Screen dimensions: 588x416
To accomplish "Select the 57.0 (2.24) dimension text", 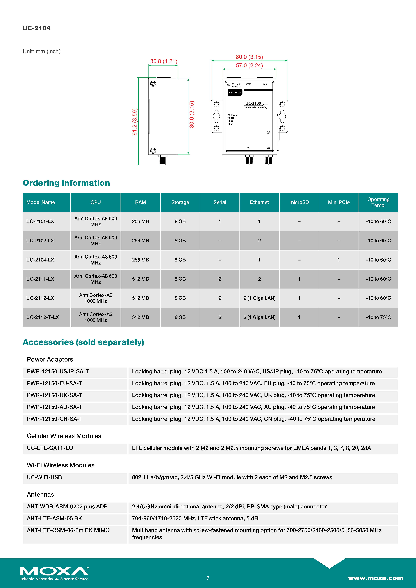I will click(x=249, y=66).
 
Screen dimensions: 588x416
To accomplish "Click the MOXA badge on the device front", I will click(x=235, y=92).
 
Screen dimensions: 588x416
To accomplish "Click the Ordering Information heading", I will click(x=66, y=183).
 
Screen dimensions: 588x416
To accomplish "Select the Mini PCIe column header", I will click(x=339, y=202).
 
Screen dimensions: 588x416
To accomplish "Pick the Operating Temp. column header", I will click(x=378, y=202).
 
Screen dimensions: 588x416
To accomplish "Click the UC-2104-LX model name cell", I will click(x=40, y=260).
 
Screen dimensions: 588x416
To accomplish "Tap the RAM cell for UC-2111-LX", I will click(x=140, y=279).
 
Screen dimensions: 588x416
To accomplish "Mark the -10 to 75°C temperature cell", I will click(x=378, y=317).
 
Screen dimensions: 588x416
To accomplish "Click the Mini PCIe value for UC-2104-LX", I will click(x=339, y=260).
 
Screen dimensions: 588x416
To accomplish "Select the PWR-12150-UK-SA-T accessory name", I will click(x=55, y=395).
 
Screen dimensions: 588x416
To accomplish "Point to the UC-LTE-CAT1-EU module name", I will click(x=50, y=448).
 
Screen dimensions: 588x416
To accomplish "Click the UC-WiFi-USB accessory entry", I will click(x=44, y=477).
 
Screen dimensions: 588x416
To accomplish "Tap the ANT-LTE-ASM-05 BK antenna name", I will click(x=54, y=518).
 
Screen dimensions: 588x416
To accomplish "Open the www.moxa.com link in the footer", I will click(x=375, y=578).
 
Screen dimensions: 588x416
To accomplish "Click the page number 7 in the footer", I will click(x=208, y=578).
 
